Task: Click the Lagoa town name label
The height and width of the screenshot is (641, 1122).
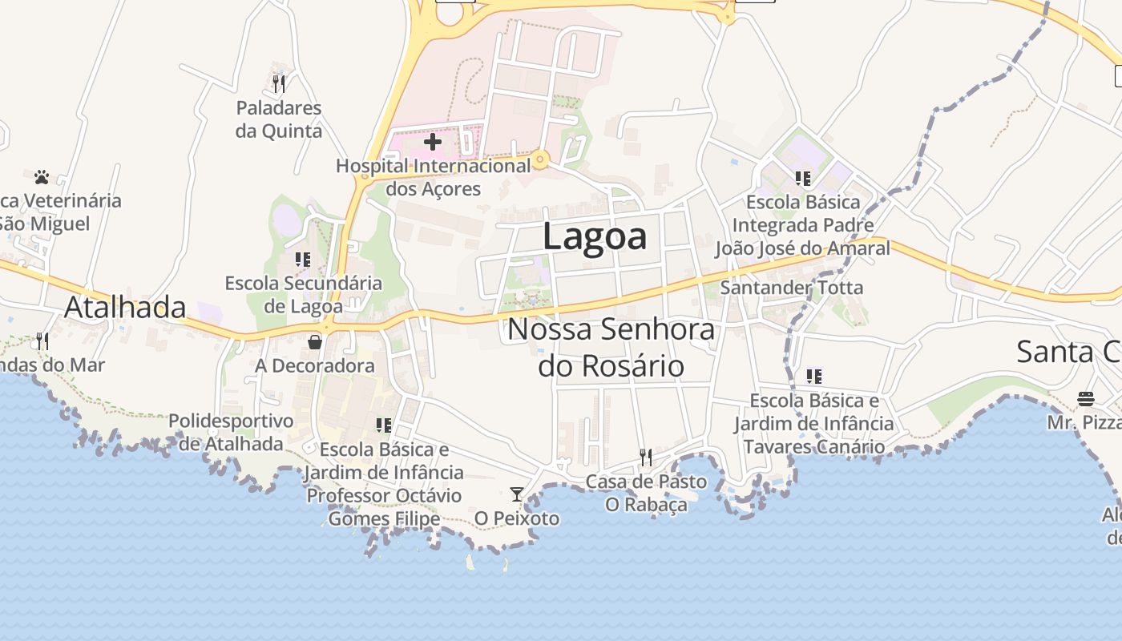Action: click(595, 237)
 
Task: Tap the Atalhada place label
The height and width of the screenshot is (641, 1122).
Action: click(125, 307)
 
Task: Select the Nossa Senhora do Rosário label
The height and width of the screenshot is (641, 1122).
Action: click(611, 347)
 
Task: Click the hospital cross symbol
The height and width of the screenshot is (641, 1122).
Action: click(433, 143)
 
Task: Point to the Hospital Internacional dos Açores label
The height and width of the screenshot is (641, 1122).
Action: click(434, 177)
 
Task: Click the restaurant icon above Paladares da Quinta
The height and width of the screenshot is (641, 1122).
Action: click(279, 83)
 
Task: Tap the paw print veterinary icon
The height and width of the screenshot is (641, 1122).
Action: click(42, 176)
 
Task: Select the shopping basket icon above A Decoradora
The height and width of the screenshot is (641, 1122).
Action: click(315, 342)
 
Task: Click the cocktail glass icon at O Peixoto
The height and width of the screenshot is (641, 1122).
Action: click(517, 494)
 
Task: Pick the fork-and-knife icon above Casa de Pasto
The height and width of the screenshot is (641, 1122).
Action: click(645, 458)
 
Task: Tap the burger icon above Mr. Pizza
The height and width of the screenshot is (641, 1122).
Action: click(1086, 398)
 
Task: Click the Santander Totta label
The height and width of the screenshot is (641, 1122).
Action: click(792, 287)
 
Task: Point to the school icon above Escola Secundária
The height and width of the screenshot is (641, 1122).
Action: click(303, 259)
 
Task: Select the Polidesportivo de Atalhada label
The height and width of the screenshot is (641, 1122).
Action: click(231, 432)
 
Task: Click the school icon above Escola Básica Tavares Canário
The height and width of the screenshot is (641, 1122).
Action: click(814, 376)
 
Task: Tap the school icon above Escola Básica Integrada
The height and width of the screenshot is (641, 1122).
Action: click(802, 178)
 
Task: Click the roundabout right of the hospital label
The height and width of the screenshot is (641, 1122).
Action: click(541, 161)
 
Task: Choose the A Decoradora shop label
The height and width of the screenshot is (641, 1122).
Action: click(315, 365)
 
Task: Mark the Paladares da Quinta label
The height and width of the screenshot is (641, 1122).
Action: click(279, 119)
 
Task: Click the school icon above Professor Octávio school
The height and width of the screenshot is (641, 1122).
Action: click(384, 425)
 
